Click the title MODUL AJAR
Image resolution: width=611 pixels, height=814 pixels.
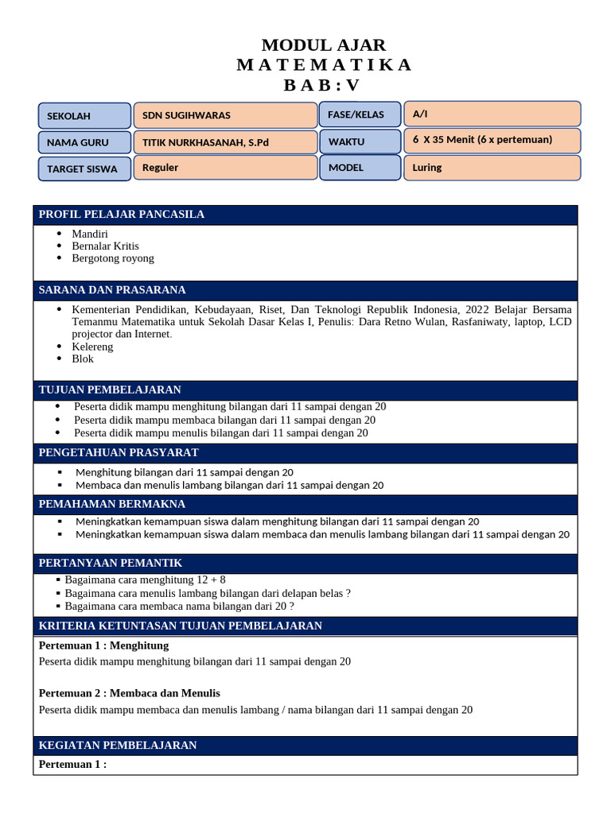(324, 45)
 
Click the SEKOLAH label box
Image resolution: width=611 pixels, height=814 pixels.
(84, 116)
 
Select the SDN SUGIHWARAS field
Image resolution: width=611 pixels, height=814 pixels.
(225, 115)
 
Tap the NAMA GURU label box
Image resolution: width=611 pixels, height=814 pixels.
(84, 142)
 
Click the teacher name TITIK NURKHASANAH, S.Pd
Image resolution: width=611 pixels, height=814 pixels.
(225, 142)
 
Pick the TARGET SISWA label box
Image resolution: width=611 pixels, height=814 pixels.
(84, 169)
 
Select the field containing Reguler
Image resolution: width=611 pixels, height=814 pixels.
(225, 168)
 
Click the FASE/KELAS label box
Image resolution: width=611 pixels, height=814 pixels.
(360, 115)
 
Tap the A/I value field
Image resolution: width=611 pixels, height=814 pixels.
(492, 114)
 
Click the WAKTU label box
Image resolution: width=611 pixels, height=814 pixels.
(360, 141)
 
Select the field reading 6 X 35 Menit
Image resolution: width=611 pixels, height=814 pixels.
(492, 140)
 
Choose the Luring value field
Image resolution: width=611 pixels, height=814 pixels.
(492, 168)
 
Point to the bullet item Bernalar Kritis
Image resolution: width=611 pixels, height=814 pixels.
(105, 246)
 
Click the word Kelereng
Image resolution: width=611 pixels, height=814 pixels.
(92, 347)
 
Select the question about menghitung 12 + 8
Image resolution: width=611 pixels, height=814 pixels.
(145, 580)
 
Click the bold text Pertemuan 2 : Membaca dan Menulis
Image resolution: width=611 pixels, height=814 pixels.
(130, 693)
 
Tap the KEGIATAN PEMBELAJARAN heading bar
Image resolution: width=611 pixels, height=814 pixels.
(305, 746)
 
